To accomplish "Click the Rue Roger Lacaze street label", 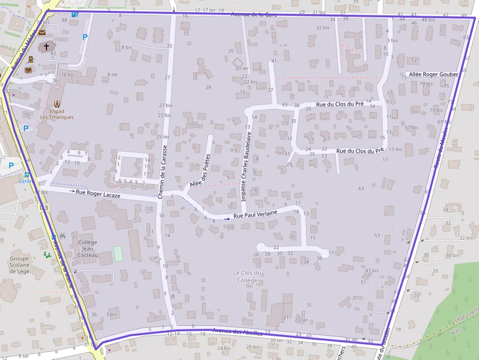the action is pos(98,194).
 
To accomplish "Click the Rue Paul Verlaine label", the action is pos(255,213).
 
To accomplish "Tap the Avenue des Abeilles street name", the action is pos(237,332).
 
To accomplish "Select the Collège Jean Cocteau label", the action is pos(88,248).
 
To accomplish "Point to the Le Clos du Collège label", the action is pos(247,276).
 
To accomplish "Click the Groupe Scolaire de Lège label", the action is pos(20,265).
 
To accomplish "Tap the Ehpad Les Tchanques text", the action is pos(57,114).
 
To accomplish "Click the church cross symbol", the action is pos(46,47).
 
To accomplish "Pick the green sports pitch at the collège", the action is pos(118,253).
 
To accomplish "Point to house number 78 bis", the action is pos(67,75).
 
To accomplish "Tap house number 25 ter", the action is pos(163,137).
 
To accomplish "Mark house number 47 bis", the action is pos(372,270).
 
